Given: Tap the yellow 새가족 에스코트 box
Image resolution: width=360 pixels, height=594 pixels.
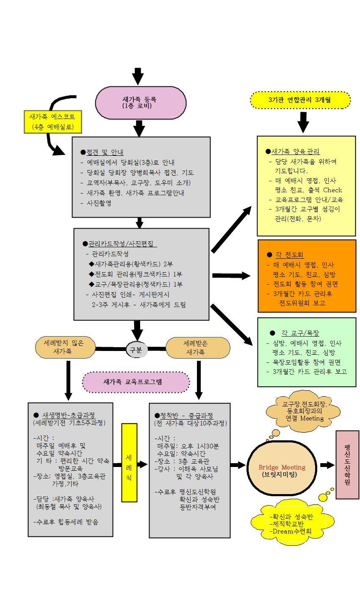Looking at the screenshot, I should pyautogui.click(x=52, y=122).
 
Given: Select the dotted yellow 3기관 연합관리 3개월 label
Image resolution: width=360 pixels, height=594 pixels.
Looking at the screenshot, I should pyautogui.click(x=300, y=100).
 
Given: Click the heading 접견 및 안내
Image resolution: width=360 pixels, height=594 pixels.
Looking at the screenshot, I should pyautogui.click(x=105, y=152).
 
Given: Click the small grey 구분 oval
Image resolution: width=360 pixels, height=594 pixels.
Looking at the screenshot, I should pyautogui.click(x=136, y=349).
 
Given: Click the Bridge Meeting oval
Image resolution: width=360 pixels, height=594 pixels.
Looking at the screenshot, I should pyautogui.click(x=282, y=470).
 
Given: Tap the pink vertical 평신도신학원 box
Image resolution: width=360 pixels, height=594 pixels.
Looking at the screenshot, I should pyautogui.click(x=347, y=464).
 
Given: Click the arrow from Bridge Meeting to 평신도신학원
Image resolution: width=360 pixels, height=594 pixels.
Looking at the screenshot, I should pyautogui.click(x=327, y=465).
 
